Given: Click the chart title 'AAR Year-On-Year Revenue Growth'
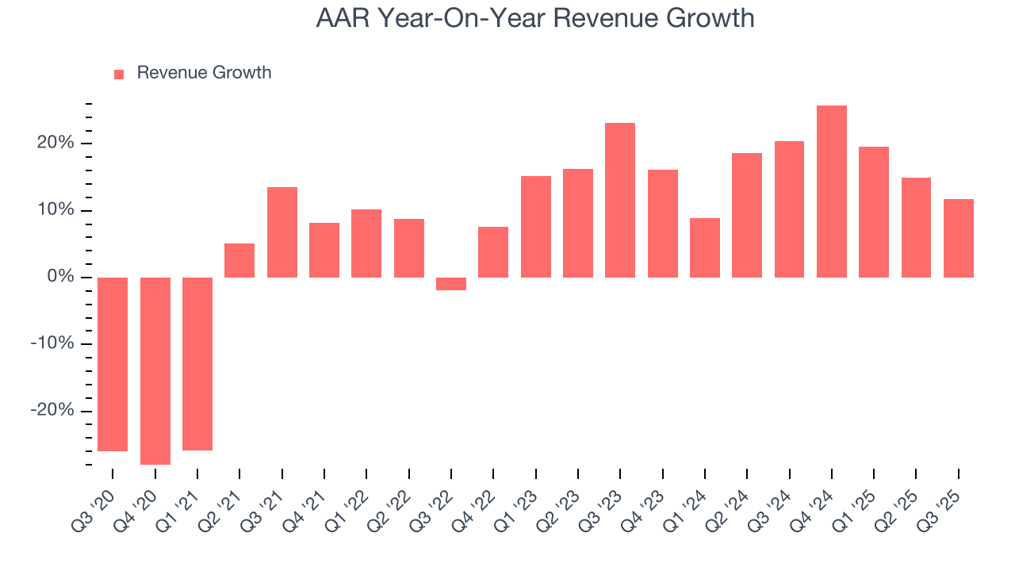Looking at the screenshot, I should [535, 17].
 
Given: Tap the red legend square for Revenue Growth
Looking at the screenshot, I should [119, 74].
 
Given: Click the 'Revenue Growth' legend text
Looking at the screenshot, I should [204, 73].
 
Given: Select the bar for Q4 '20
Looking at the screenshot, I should [155, 370].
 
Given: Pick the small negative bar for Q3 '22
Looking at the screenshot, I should [451, 284].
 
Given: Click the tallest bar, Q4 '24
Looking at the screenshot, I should [832, 191].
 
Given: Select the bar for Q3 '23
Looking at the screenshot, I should [620, 200].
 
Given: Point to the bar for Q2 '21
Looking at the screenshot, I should [239, 260].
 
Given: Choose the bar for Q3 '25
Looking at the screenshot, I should [959, 238].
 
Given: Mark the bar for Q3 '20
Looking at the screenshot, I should [113, 364].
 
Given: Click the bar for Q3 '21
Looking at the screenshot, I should [282, 232].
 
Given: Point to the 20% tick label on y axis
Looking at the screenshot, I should [54, 143].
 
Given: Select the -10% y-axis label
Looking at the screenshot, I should [52, 343].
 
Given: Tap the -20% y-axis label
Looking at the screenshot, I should [52, 410].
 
